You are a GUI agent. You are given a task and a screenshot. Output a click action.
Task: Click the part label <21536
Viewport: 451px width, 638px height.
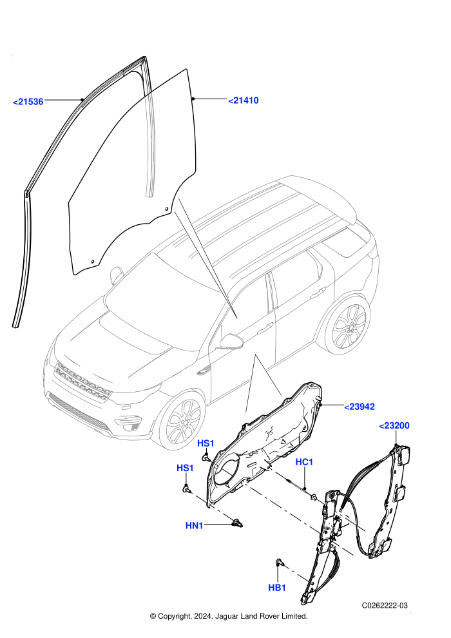click(x=28, y=101)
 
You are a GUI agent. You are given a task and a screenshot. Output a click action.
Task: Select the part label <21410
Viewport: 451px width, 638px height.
click(x=243, y=101)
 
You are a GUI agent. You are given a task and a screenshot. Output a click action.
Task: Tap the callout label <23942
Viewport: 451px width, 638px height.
click(x=360, y=407)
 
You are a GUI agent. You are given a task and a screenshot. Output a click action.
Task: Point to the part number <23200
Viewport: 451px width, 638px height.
click(x=394, y=425)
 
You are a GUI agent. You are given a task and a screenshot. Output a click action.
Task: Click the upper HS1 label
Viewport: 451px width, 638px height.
click(x=206, y=443)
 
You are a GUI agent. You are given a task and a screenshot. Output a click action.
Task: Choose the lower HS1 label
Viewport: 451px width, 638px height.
click(x=185, y=468)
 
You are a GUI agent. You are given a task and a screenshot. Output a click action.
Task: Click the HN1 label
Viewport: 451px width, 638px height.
click(x=195, y=526)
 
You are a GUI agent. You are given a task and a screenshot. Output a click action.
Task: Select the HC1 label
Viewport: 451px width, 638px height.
click(x=304, y=462)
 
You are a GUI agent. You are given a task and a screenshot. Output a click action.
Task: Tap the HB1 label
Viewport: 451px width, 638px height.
click(x=277, y=588)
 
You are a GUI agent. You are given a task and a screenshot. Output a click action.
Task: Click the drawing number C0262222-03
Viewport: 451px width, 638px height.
click(x=385, y=605)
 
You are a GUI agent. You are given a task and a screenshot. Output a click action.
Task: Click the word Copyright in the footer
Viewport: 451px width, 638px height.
click(x=173, y=616)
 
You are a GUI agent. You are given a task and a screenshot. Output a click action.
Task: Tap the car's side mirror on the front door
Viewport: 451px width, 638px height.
click(x=231, y=342)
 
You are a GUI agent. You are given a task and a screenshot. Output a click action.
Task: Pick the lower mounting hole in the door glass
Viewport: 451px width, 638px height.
click(x=92, y=261)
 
